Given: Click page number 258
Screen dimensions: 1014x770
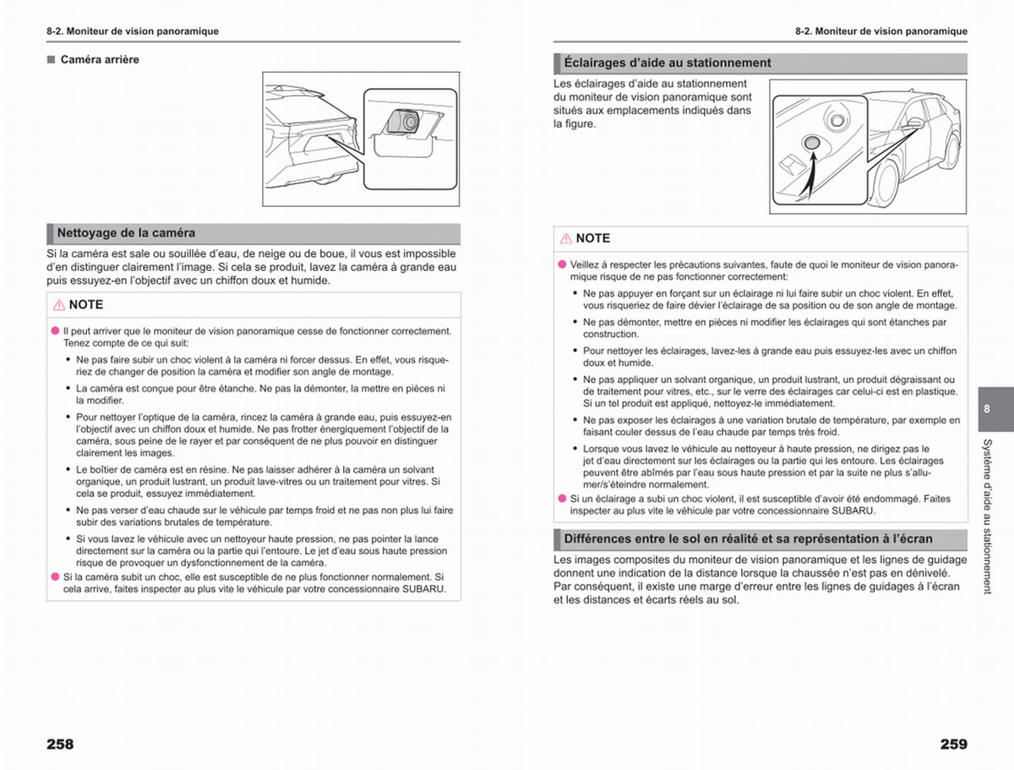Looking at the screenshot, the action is point(60,744).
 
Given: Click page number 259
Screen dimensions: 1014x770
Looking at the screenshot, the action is point(953,744).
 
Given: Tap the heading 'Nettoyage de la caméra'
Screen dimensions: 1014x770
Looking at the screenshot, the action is point(126,232).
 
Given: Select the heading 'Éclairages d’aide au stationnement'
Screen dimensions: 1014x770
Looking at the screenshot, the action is point(667,63).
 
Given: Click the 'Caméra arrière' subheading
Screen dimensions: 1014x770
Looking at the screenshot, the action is point(100,59).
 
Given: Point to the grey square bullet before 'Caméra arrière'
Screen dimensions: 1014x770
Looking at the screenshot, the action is point(52,59).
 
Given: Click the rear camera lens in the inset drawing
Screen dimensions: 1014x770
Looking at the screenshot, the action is point(409,122).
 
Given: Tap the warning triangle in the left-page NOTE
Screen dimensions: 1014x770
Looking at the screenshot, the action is point(58,305).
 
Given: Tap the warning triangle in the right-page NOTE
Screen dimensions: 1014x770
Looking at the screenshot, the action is point(566,239).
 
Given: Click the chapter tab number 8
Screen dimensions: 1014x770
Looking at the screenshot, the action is point(987,409).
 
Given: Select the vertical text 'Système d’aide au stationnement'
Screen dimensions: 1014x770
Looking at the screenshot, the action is point(987,516).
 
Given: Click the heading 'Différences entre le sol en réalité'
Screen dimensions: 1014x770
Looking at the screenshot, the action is point(748,539).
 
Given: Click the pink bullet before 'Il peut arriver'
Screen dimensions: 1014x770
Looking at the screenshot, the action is point(56,330).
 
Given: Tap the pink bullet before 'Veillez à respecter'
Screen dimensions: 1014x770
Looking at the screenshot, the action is point(562,265).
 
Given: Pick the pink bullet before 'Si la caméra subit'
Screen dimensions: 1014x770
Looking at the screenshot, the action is point(56,576).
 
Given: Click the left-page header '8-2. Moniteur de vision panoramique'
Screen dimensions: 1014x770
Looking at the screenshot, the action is point(133,31).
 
